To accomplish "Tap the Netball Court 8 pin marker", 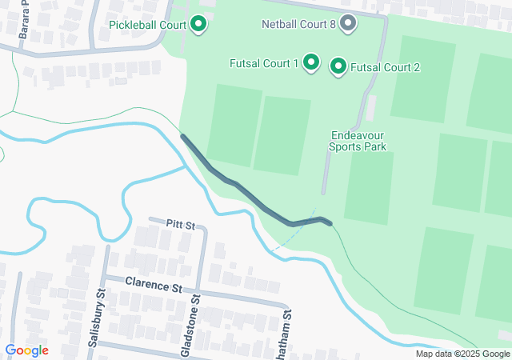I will [x=348, y=24].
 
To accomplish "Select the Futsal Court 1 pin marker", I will [x=310, y=62].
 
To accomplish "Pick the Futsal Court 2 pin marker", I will [x=338, y=67].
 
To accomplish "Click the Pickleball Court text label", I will [x=148, y=25].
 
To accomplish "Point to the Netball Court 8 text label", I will [x=298, y=24].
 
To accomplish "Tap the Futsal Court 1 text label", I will [x=263, y=62].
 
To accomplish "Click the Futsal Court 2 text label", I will [x=386, y=67].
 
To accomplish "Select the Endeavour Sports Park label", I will [x=358, y=141].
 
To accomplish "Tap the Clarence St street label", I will [x=154, y=285].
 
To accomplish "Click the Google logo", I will [x=26, y=350].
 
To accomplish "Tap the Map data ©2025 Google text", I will [x=462, y=354].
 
